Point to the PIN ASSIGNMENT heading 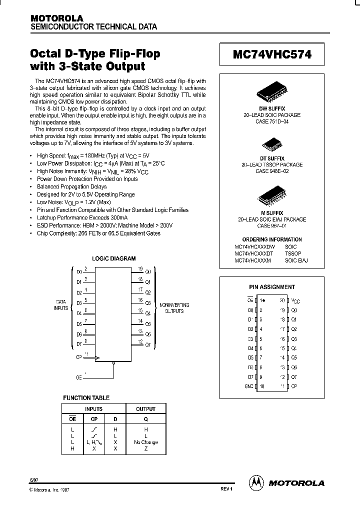coord(272,287)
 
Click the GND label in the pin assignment coord(248,386)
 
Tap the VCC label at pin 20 coord(295,301)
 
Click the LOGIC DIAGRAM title coord(114,258)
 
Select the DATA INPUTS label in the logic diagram coord(61,305)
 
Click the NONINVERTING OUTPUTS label coord(174,307)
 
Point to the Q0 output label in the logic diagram coord(147,272)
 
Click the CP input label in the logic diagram coord(79,357)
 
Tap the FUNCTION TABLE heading coord(86,398)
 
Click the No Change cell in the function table coord(145,442)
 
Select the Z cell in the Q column coord(145,448)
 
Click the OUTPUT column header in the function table coord(145,409)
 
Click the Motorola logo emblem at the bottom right coord(256,482)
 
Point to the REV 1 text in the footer coord(226,488)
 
